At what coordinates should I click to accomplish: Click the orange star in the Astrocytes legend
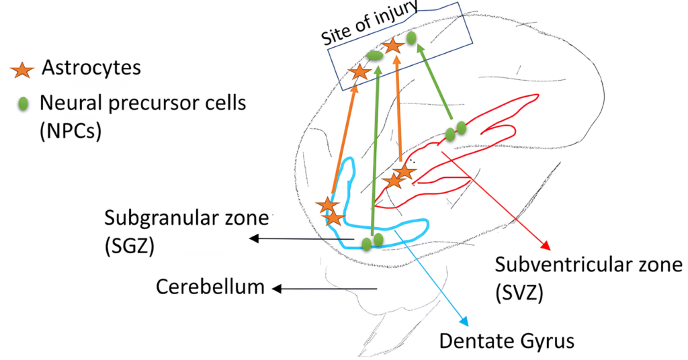(24, 69)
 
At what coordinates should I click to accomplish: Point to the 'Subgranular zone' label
(185, 220)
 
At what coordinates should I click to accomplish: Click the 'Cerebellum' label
(210, 287)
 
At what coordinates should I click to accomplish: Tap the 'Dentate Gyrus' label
(507, 341)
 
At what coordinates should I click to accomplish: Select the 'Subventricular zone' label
(588, 265)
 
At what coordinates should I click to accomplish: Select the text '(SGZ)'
(129, 246)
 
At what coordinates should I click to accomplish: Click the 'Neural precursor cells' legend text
(142, 103)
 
